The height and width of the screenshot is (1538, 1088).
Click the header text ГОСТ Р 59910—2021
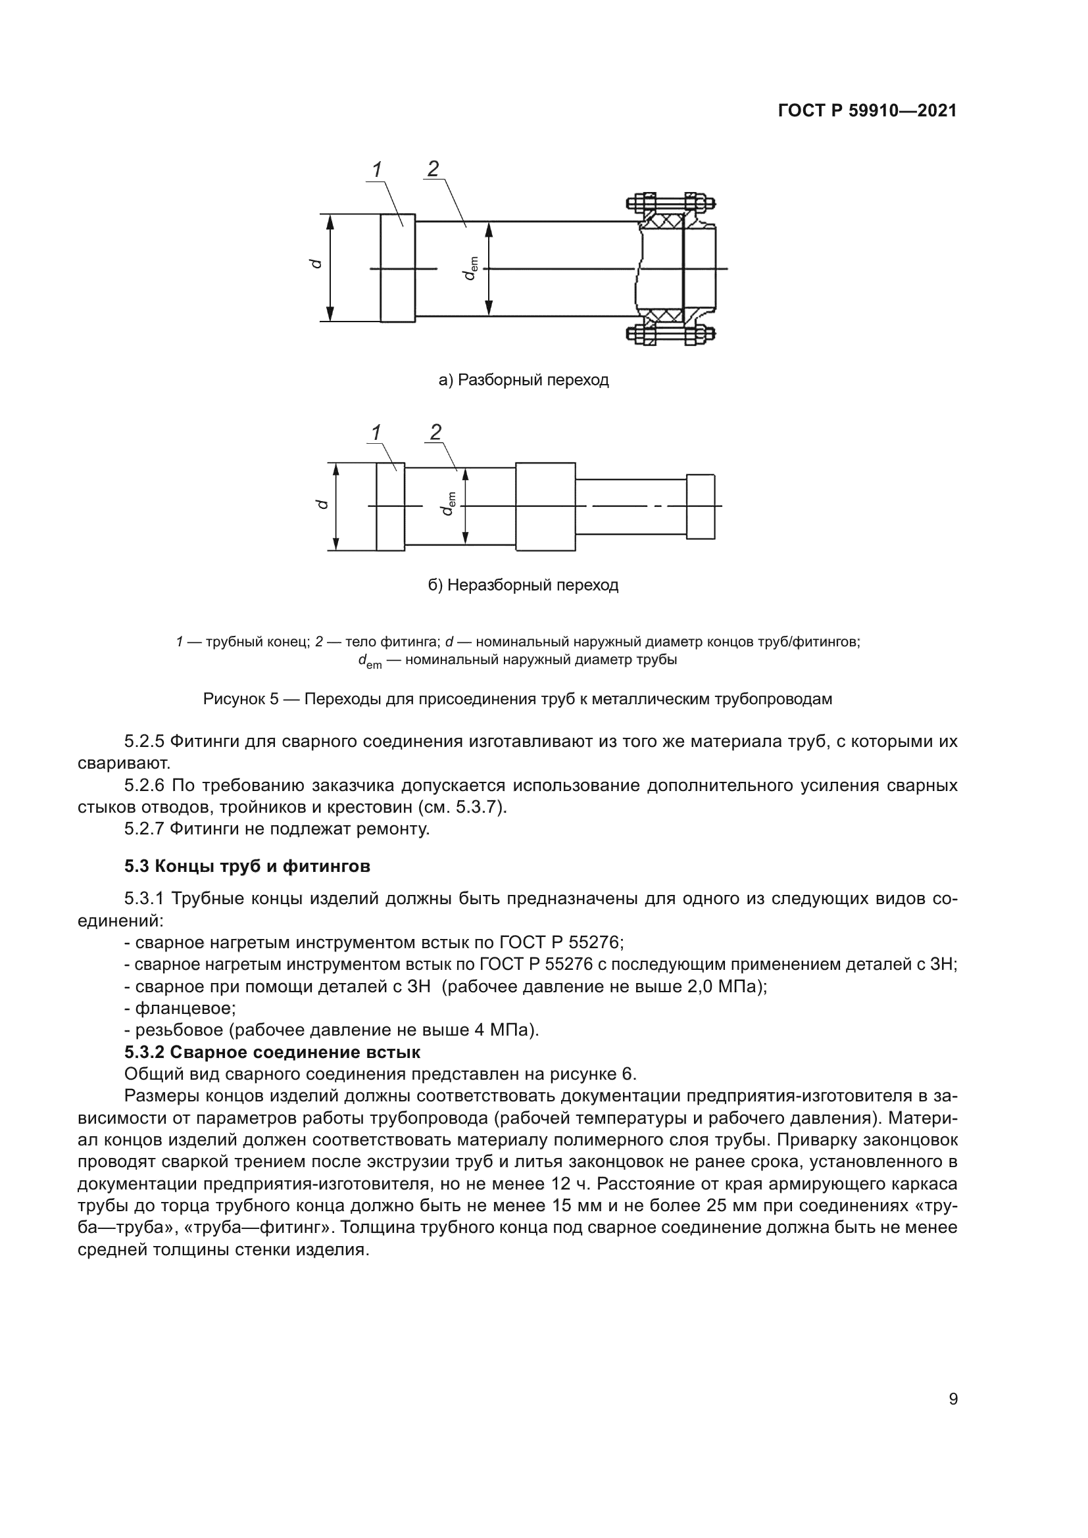[x=867, y=111]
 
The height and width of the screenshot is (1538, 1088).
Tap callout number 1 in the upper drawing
[x=377, y=170]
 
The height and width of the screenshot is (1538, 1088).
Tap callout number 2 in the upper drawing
[x=433, y=169]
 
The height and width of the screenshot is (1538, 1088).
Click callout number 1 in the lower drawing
[x=376, y=433]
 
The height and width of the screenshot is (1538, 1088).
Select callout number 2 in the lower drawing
[x=435, y=433]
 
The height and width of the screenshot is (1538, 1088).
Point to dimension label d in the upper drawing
[x=318, y=264]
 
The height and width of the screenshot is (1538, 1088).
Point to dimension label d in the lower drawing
[x=323, y=504]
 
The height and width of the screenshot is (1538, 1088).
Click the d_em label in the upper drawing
[x=470, y=268]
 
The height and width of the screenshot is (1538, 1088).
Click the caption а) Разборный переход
[x=523, y=381]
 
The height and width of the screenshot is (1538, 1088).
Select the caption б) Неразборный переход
[x=523, y=585]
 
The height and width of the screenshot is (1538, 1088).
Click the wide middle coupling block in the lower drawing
[x=545, y=507]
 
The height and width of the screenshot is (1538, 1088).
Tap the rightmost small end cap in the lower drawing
[x=701, y=507]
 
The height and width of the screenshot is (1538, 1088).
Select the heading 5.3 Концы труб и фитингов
[x=247, y=866]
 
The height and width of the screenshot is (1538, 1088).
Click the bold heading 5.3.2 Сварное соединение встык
[x=272, y=1052]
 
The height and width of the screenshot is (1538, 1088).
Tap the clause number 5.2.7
[x=144, y=829]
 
